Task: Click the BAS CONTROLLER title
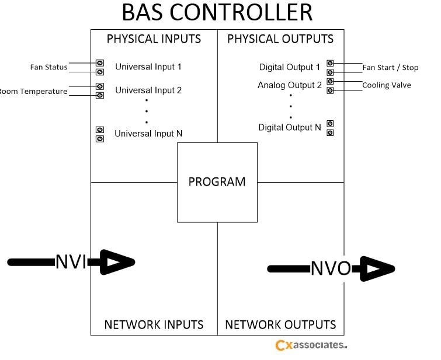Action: tap(217, 13)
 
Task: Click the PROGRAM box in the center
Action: tap(217, 181)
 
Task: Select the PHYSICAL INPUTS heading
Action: tap(154, 39)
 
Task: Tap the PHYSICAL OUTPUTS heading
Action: tap(280, 39)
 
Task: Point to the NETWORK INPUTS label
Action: tap(154, 324)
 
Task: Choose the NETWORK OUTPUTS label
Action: tap(280, 324)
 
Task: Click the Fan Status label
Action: tap(48, 67)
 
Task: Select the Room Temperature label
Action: tap(33, 91)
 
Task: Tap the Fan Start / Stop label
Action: tap(390, 68)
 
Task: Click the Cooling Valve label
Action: tap(386, 85)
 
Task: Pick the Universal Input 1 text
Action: tap(148, 67)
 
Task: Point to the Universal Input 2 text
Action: tap(148, 90)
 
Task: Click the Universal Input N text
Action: tap(148, 134)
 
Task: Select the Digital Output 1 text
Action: tap(290, 68)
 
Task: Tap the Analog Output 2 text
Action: tap(290, 85)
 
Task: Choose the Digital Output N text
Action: tap(290, 127)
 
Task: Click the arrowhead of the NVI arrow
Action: tap(117, 262)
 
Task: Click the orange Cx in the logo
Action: tap(283, 345)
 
